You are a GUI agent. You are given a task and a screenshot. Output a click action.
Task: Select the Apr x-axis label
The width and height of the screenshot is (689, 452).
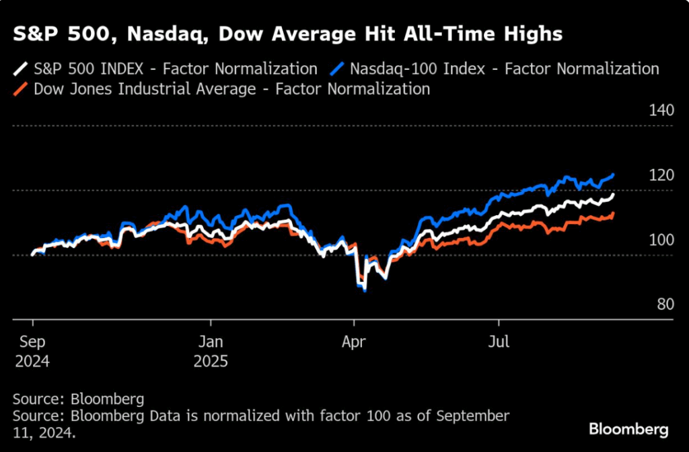[354, 342]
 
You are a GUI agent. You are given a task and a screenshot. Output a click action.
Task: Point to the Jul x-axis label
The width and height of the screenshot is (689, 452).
[498, 342]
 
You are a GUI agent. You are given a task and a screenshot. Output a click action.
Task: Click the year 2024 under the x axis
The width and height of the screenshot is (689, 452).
[32, 361]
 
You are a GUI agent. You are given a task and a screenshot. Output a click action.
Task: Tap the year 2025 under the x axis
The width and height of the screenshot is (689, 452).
[211, 361]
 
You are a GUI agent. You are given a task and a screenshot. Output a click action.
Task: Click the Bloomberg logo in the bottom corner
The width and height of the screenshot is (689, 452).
[628, 428]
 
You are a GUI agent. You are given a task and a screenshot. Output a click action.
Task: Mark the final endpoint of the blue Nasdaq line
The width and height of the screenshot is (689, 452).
[613, 175]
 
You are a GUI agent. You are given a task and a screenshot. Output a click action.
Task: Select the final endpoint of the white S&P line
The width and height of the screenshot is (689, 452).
[613, 195]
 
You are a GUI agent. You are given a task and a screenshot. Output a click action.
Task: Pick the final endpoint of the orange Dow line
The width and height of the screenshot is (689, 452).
[613, 213]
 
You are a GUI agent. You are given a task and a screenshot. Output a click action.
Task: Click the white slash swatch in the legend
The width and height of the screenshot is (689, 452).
[22, 69]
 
